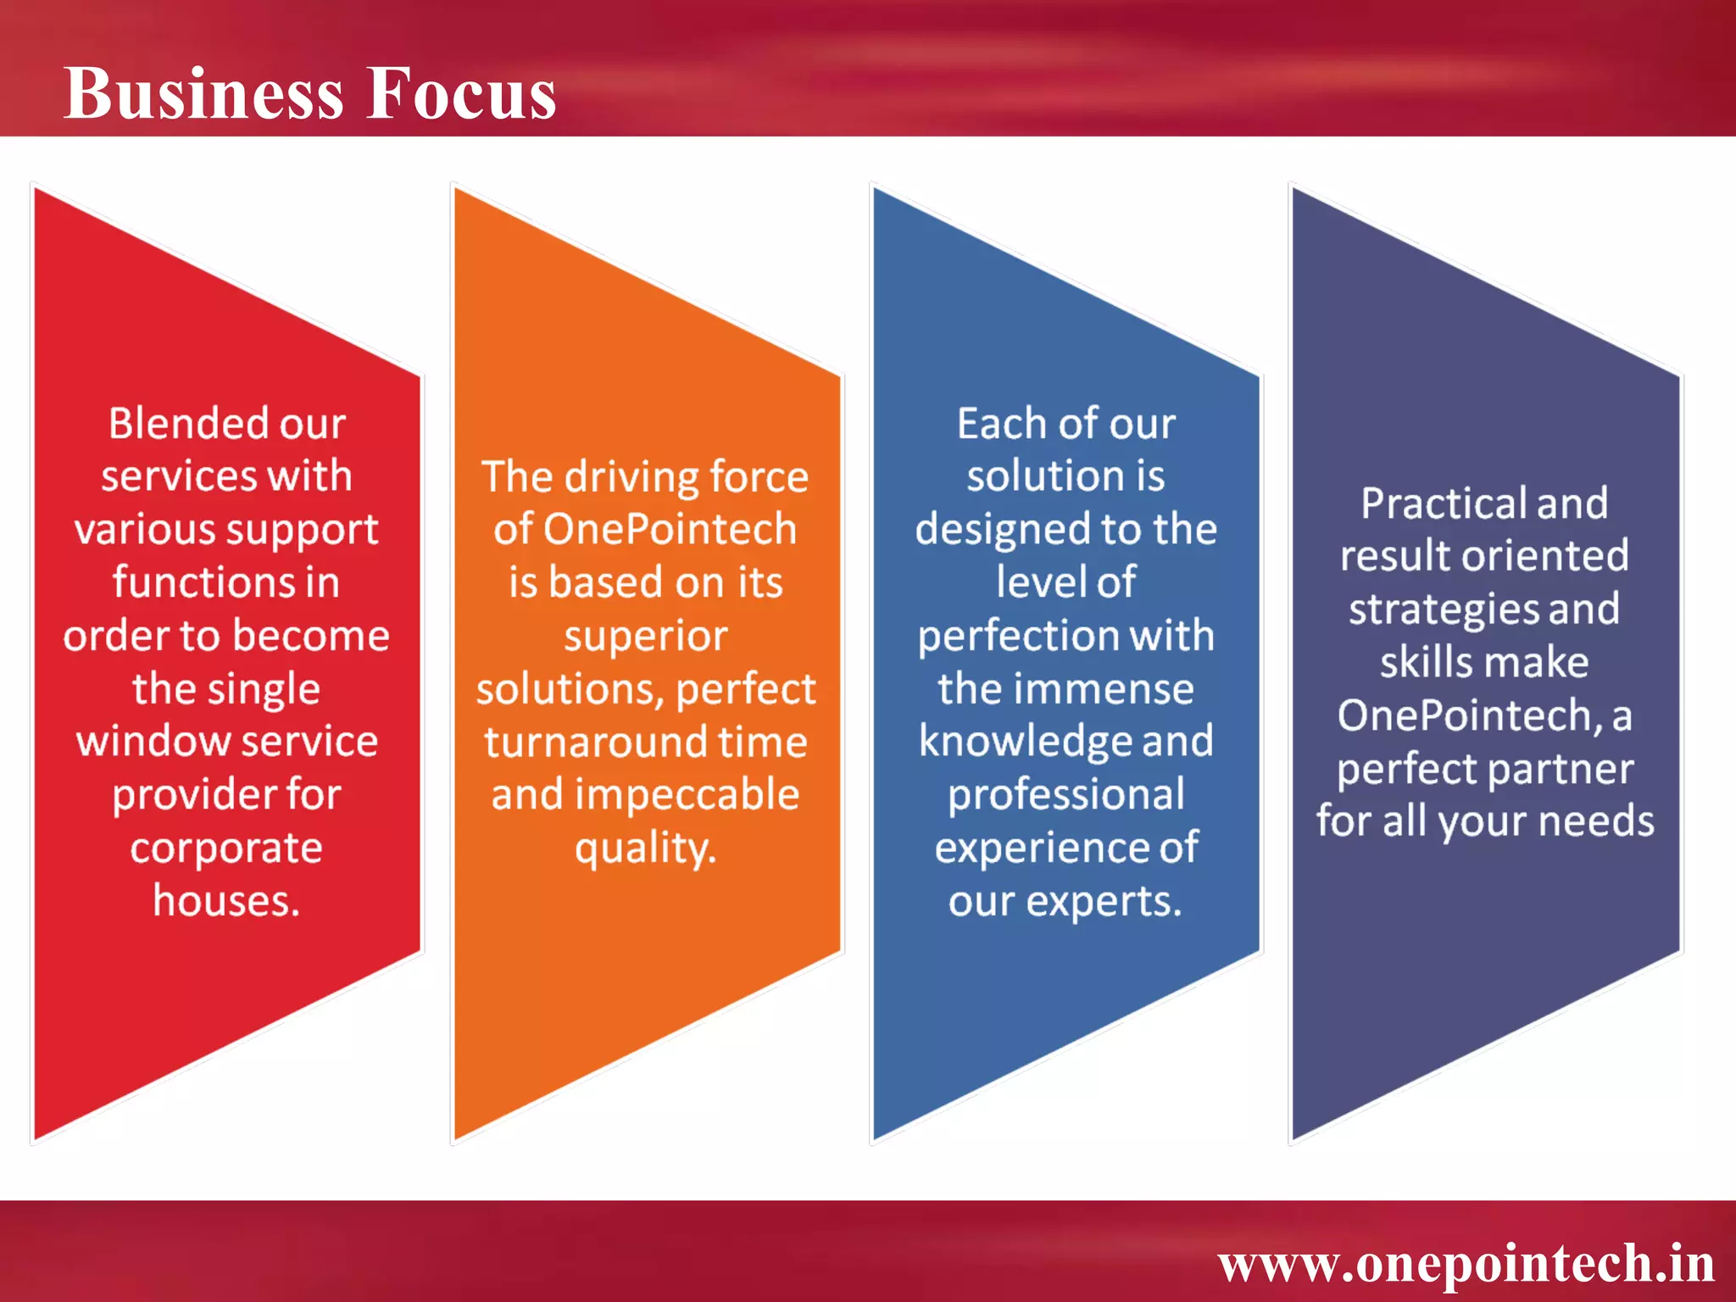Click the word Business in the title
click(203, 93)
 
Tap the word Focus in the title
click(461, 93)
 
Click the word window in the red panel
click(147, 742)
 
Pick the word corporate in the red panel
click(226, 848)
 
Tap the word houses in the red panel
click(223, 900)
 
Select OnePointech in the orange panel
click(670, 530)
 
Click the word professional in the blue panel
click(1066, 795)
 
